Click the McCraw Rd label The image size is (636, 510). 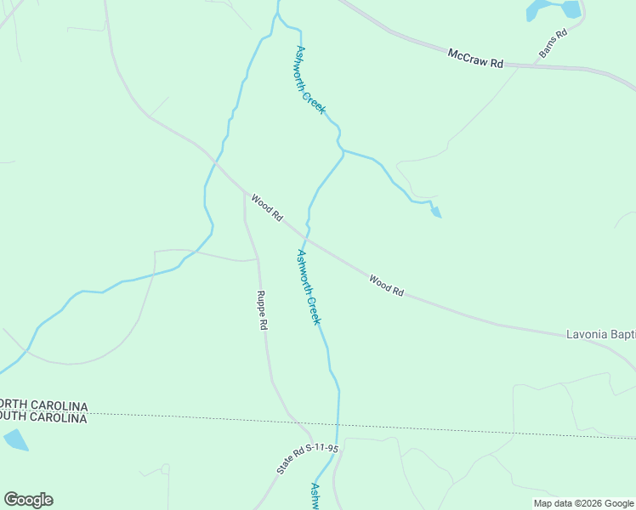pyautogui.click(x=477, y=58)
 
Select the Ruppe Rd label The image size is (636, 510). pyautogui.click(x=263, y=310)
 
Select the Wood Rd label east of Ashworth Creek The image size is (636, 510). pyautogui.click(x=387, y=286)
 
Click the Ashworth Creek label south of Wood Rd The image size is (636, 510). pyautogui.click(x=308, y=286)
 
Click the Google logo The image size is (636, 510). pyautogui.click(x=28, y=499)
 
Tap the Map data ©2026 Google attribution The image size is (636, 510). pyautogui.click(x=583, y=503)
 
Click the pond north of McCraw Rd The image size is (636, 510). pyautogui.click(x=553, y=9)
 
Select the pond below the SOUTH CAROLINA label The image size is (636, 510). pyautogui.click(x=15, y=439)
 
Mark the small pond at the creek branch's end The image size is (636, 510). pyautogui.click(x=436, y=212)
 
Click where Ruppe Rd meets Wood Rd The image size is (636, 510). pyautogui.click(x=245, y=192)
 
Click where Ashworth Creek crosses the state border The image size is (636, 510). pyautogui.click(x=338, y=425)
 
